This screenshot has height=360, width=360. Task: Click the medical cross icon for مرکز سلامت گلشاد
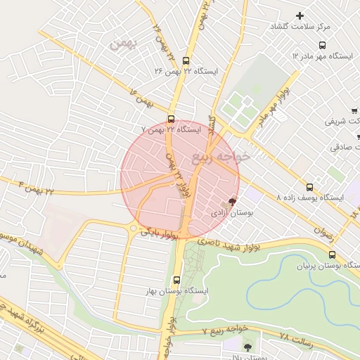300,15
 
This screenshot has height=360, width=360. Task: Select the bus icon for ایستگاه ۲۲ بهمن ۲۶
186,60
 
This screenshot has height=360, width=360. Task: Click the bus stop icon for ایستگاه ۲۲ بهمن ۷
172,119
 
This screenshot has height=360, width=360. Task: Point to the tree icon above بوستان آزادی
233,202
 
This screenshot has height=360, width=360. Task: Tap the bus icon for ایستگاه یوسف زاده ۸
309,187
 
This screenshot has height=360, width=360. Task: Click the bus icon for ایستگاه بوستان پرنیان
332,255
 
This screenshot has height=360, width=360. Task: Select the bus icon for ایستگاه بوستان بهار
176,279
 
